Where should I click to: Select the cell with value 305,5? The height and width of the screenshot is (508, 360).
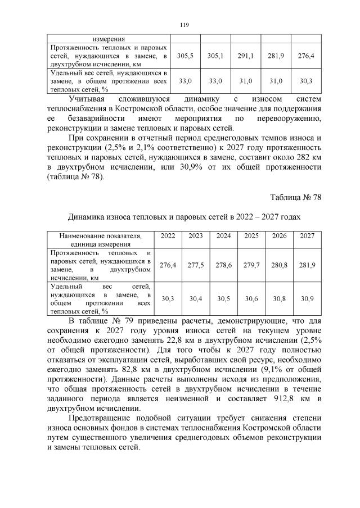coord(185,56)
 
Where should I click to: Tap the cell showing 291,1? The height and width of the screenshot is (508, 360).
coord(246,56)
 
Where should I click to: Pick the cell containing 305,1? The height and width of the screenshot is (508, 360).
coord(215,56)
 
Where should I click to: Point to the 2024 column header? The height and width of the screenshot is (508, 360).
coord(223,236)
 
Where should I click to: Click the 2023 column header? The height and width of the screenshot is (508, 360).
coord(195,236)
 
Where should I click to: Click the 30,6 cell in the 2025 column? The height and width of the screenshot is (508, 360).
coord(251,299)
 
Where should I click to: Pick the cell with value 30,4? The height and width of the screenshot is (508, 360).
coord(195,299)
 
